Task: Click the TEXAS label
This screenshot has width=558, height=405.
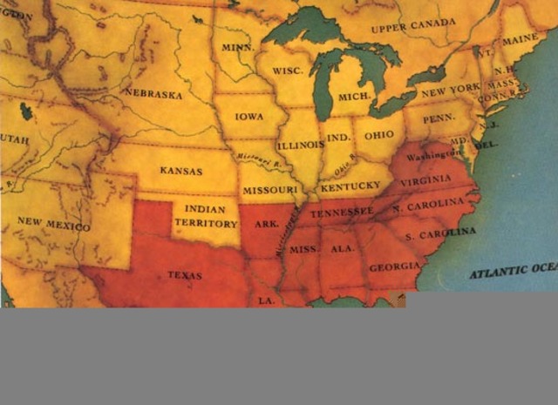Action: pos(184,275)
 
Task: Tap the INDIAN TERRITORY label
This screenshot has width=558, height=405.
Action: pos(206,216)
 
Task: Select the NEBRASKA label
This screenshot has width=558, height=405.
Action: pos(153,91)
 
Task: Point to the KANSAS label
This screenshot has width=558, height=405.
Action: pos(181,171)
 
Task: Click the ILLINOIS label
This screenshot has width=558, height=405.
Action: pos(301,145)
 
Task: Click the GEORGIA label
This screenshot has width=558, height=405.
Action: pos(394,267)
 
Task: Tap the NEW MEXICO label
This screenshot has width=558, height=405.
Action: pos(54,224)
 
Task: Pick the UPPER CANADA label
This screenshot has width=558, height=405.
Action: pos(412,26)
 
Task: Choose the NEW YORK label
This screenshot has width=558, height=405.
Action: pos(450,90)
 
